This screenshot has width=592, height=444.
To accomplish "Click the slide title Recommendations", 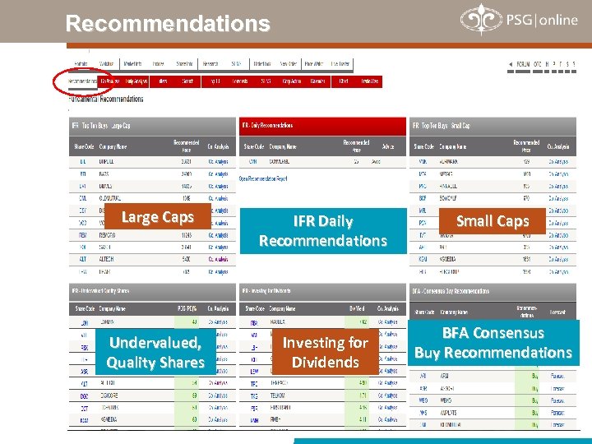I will pyautogui.click(x=168, y=24).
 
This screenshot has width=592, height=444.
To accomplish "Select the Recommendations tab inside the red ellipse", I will pyautogui.click(x=82, y=81).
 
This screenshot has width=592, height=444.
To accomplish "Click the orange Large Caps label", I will pyautogui.click(x=157, y=217).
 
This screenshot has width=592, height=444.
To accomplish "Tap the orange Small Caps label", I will pyautogui.click(x=492, y=220).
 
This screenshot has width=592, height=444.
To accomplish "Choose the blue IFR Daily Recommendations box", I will pyautogui.click(x=322, y=231).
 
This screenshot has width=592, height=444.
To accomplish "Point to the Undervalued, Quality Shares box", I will pyautogui.click(x=155, y=353).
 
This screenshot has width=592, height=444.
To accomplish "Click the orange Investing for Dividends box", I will pyautogui.click(x=325, y=353).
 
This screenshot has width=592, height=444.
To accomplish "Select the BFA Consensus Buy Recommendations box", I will pyautogui.click(x=493, y=343).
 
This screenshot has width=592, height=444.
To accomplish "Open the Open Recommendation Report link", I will pyautogui.click(x=263, y=178).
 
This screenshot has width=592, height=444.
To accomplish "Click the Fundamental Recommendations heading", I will pyautogui.click(x=107, y=99).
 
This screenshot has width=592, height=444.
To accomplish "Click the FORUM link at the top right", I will pyautogui.click(x=523, y=64).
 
